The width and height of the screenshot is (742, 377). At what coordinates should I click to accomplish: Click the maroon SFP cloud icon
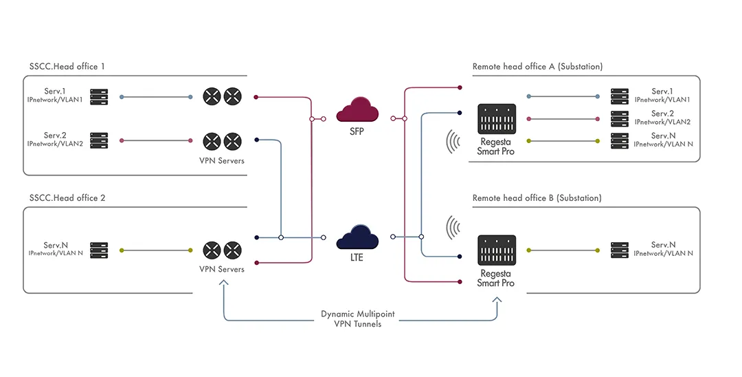click(357, 110)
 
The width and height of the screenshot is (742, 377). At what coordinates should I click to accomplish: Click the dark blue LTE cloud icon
click(357, 237)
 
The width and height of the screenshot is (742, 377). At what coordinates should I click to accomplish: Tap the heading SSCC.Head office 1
click(67, 66)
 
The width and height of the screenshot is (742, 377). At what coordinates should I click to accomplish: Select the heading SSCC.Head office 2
click(67, 198)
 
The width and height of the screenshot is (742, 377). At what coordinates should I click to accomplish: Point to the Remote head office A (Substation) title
click(537, 67)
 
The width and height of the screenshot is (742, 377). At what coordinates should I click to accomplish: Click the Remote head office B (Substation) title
click(537, 198)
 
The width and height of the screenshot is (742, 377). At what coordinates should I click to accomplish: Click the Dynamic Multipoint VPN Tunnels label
click(358, 319)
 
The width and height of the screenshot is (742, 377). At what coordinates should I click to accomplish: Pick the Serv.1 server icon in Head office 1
click(99, 96)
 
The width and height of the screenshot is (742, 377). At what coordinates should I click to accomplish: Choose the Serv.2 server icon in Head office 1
click(99, 140)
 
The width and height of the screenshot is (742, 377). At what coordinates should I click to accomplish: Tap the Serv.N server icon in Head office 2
click(99, 250)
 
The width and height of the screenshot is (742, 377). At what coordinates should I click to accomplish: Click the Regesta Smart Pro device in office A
click(497, 119)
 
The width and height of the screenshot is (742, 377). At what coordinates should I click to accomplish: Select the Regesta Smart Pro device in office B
click(497, 250)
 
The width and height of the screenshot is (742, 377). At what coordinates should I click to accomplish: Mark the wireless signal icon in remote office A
click(453, 142)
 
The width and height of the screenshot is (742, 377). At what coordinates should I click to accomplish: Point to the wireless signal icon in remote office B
click(453, 228)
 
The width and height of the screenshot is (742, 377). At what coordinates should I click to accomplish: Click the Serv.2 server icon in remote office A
click(620, 119)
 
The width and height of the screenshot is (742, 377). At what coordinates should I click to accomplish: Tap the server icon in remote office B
click(620, 250)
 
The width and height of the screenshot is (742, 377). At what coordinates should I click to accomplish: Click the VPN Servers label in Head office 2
click(222, 269)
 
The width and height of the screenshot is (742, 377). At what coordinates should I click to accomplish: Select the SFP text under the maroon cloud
click(357, 131)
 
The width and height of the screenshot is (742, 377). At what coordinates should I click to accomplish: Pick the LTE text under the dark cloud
click(357, 258)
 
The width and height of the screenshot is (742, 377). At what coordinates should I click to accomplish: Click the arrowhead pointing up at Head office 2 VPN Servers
click(223, 282)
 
